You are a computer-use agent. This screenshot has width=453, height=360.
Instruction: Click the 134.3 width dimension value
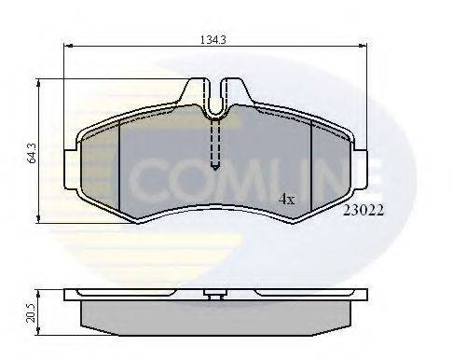pyautogui.click(x=215, y=38)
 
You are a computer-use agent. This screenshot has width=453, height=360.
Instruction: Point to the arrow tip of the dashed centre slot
pyautogui.click(x=215, y=168)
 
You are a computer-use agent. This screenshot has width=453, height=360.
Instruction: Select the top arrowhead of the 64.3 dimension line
pyautogui.click(x=38, y=82)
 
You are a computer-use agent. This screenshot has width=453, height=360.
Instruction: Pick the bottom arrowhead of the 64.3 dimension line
pyautogui.click(x=38, y=219)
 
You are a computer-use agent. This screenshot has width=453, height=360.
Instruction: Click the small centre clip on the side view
pyautogui.click(x=215, y=298)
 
